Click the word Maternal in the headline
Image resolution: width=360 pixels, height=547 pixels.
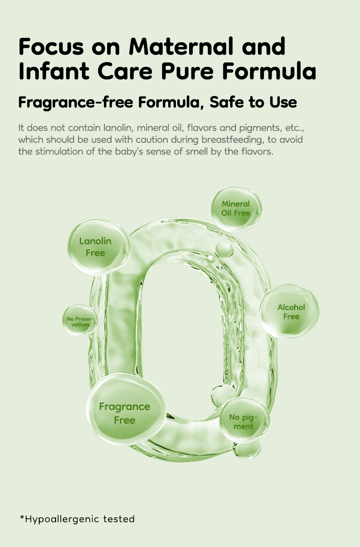(x=181, y=46)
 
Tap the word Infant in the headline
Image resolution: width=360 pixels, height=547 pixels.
(x=54, y=71)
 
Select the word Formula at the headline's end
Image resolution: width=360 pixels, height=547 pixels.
(x=269, y=71)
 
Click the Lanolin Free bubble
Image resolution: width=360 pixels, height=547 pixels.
(x=98, y=247)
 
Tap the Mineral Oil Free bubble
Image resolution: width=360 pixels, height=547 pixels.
(x=236, y=209)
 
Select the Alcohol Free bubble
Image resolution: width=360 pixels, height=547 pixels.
(x=289, y=311)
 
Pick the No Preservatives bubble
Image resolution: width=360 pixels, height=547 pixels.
(x=80, y=320)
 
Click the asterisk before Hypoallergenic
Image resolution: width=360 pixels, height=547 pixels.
(x=22, y=517)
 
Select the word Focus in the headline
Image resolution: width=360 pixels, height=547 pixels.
(x=51, y=46)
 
